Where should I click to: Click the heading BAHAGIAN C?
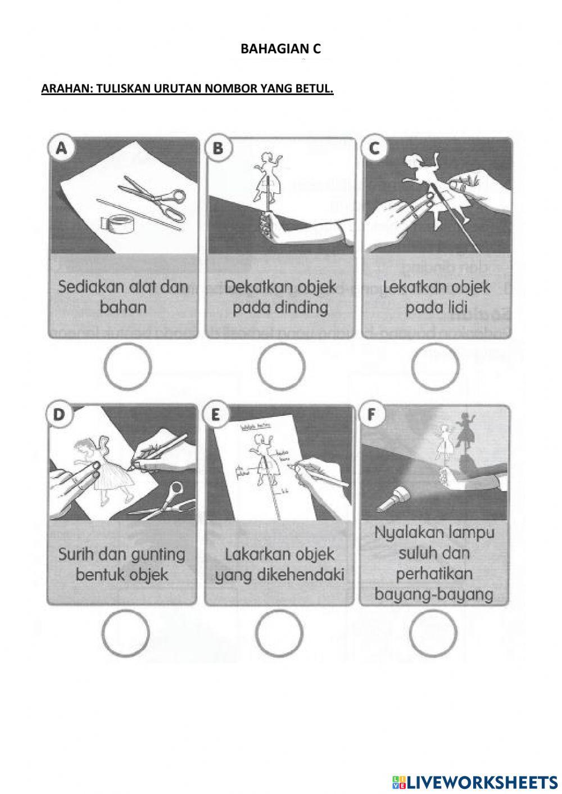click(x=280, y=49)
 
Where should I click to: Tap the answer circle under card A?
click(x=128, y=366)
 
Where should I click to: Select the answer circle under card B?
click(x=282, y=366)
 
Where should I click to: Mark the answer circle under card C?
click(x=435, y=366)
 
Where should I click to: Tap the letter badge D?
click(x=60, y=415)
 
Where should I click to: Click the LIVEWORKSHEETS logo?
click(x=475, y=782)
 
